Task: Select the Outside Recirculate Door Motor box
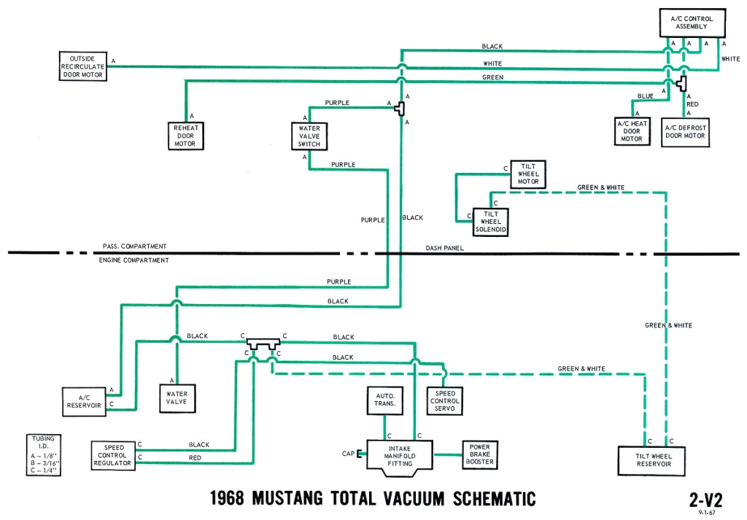83,66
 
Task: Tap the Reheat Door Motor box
185,135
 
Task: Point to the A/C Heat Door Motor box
632,131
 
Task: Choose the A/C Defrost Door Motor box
685,131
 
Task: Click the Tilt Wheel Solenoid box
490,222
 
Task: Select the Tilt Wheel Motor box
528,175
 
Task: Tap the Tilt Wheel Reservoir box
654,459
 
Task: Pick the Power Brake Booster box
480,454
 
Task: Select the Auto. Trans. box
386,400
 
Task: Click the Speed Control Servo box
445,401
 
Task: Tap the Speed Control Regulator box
112,454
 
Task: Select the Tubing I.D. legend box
43,455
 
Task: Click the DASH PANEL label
445,248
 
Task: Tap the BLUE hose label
645,96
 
